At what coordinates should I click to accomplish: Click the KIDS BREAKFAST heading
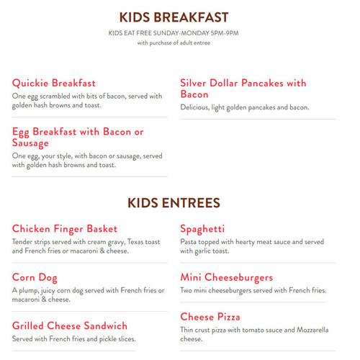(179, 16)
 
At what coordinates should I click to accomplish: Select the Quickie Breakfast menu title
(54, 83)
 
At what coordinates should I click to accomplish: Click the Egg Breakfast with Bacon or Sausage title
(78, 136)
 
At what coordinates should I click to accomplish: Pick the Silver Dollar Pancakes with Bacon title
(243, 89)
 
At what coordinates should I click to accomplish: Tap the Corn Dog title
(36, 276)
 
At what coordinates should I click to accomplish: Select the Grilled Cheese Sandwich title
(70, 325)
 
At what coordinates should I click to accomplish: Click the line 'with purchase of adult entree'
(179, 42)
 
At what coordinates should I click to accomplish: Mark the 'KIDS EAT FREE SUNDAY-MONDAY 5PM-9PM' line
(179, 32)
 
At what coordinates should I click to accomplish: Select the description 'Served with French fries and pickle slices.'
(74, 338)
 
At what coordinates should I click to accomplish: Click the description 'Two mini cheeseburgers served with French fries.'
(253, 290)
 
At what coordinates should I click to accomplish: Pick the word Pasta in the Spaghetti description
(189, 242)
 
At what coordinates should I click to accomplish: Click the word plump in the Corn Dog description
(30, 290)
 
